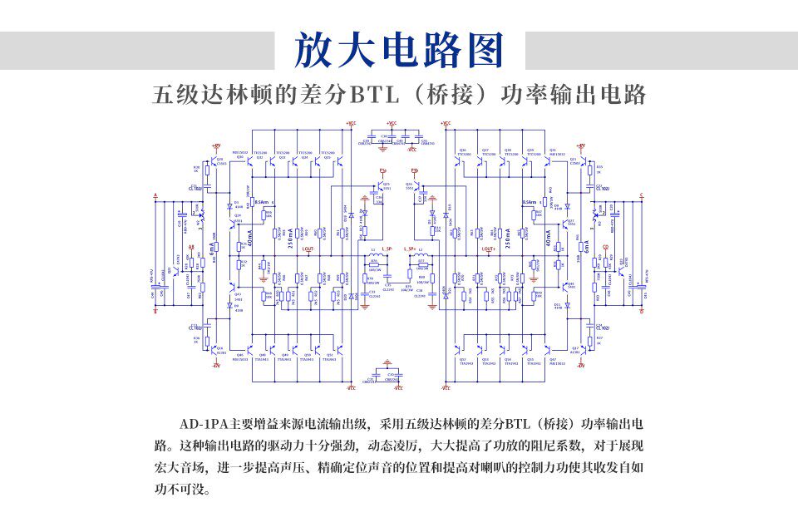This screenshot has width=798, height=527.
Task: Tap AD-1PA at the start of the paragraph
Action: click(199, 425)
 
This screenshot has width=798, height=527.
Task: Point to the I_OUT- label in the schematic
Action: click(307, 249)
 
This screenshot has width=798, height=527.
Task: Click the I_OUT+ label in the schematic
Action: click(489, 249)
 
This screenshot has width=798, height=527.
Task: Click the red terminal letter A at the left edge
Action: click(155, 196)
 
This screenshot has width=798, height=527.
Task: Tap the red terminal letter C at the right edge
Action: click(641, 196)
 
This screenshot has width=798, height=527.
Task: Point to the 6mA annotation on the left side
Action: click(213, 247)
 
